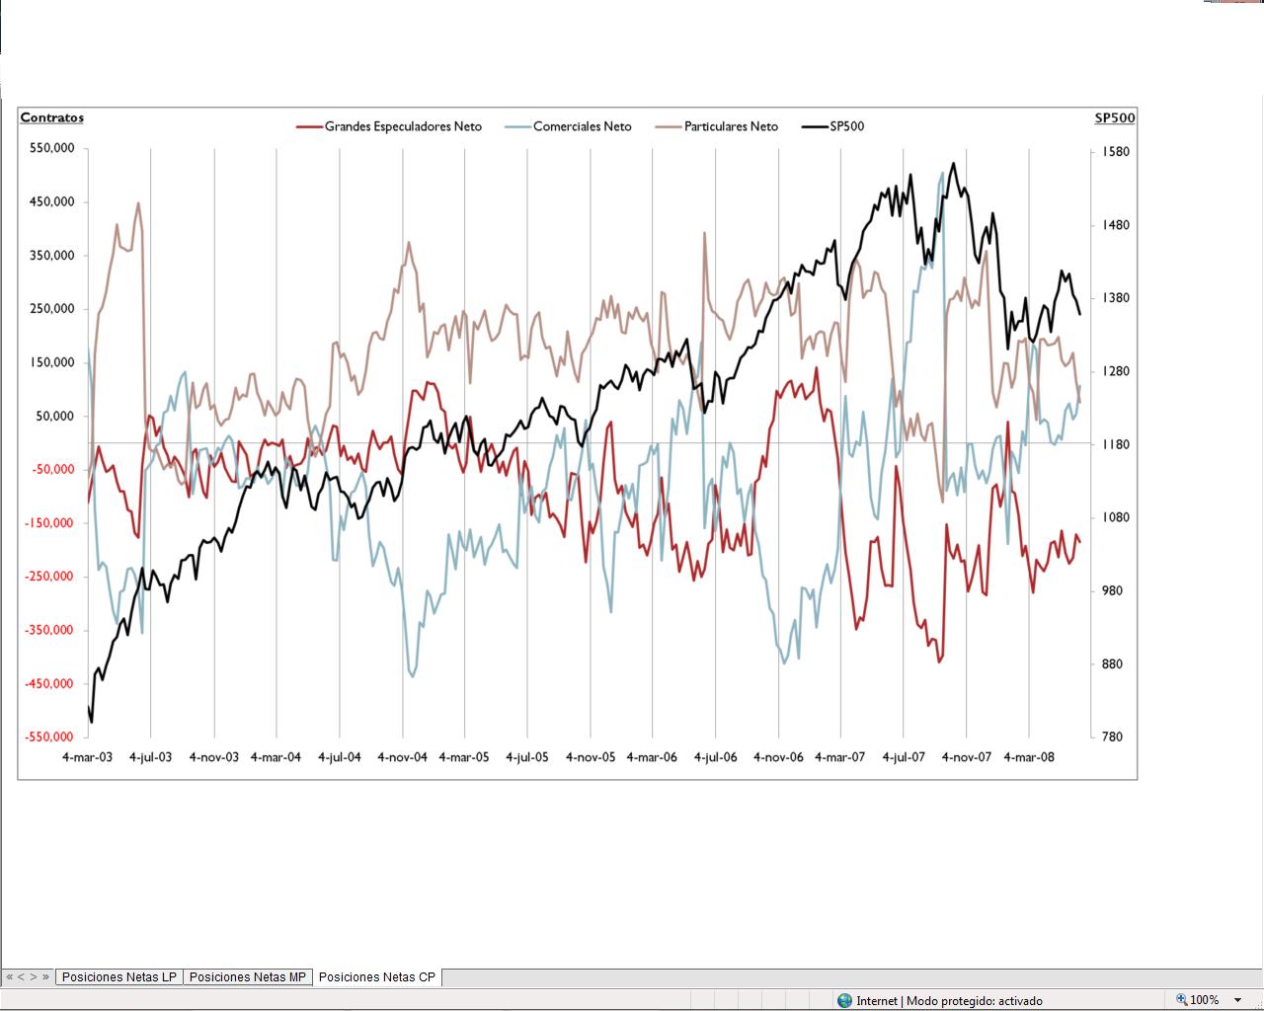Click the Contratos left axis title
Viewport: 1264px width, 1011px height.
coord(52,117)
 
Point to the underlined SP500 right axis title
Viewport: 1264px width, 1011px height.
coord(1115,118)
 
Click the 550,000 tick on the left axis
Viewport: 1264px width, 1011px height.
coord(53,148)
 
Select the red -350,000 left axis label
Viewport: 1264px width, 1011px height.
coord(51,630)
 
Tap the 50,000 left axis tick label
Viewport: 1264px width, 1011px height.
coord(55,416)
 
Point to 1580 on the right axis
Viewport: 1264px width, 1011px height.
coord(1116,152)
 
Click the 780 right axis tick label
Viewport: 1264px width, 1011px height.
coord(1112,737)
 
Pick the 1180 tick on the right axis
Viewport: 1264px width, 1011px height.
coord(1116,444)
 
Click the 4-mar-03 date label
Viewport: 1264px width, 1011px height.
coord(88,757)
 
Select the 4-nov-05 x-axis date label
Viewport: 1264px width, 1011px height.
coord(591,757)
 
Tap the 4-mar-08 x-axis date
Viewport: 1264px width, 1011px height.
coord(1029,757)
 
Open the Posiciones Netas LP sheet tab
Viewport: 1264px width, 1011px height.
coord(118,977)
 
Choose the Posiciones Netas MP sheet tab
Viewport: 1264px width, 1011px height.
coord(247,977)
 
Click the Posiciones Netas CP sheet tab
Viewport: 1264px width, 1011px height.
coord(376,977)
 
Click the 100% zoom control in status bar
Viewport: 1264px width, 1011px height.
coord(1204,1000)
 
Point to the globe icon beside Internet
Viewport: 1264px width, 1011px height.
coord(844,1000)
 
